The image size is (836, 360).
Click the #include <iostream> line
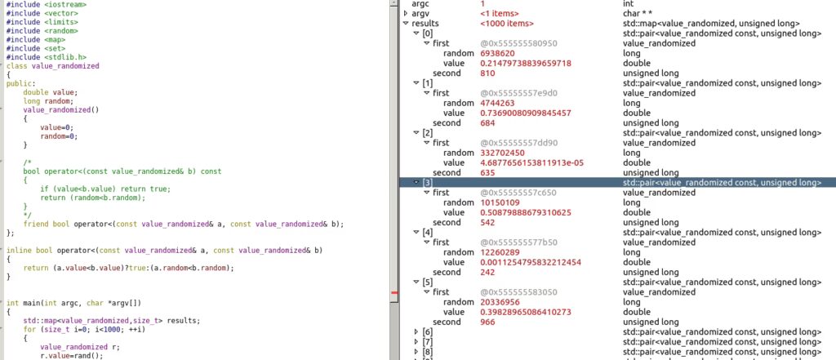coord(46,4)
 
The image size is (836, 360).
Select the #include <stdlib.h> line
coord(46,57)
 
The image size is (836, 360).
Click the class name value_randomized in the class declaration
coord(65,66)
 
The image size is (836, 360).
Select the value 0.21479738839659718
coord(526,64)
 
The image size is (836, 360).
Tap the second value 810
coord(487,73)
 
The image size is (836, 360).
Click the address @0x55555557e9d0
coord(518,93)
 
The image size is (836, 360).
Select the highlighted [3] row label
coord(428,183)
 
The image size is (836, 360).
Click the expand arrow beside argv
coord(406,13)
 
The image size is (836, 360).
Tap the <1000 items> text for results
coord(506,24)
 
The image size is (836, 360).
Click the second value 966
coord(487,322)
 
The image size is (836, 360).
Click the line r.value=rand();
coord(72,356)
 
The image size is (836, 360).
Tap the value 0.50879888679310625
coord(526,213)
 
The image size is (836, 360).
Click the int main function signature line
coord(73,303)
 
